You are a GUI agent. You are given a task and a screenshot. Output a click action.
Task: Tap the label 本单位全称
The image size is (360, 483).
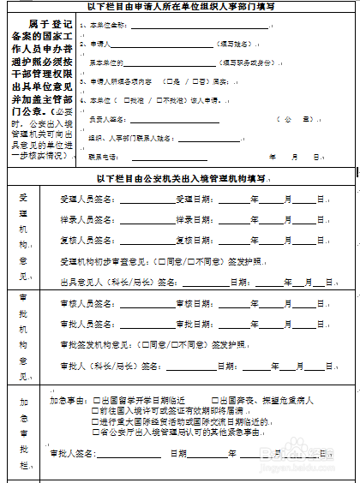109,25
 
